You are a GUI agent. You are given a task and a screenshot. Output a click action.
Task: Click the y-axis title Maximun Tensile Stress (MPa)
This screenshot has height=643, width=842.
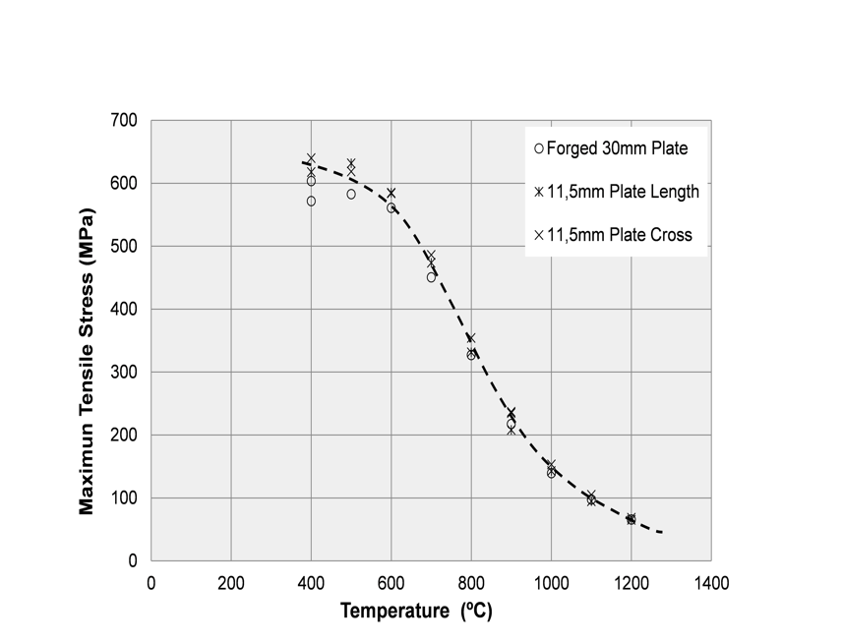click(x=87, y=360)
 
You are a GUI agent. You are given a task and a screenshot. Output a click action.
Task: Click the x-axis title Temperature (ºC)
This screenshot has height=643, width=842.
click(x=416, y=612)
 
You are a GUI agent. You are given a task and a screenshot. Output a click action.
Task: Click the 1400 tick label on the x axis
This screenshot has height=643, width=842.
click(x=711, y=582)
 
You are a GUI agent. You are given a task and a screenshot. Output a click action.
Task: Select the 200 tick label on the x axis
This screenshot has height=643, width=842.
click(x=231, y=582)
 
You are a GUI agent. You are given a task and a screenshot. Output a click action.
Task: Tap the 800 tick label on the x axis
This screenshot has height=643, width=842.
click(x=471, y=582)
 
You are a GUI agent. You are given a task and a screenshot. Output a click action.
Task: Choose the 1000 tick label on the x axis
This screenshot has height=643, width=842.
click(x=551, y=582)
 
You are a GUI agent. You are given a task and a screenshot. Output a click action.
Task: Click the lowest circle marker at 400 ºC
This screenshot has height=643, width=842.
click(x=311, y=201)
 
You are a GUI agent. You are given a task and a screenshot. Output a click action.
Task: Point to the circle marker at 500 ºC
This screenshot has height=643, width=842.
click(x=351, y=195)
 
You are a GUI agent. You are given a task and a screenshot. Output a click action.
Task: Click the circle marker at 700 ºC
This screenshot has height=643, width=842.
click(x=431, y=277)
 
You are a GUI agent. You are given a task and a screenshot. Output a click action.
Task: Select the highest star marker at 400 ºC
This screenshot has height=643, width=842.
click(x=311, y=158)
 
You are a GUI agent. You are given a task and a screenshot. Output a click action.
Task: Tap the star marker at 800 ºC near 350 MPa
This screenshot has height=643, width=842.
click(x=471, y=338)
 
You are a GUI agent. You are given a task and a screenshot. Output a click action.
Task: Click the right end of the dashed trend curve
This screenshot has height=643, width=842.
click(x=663, y=532)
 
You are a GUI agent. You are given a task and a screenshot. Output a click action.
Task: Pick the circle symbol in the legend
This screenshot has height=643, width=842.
click(x=538, y=149)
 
